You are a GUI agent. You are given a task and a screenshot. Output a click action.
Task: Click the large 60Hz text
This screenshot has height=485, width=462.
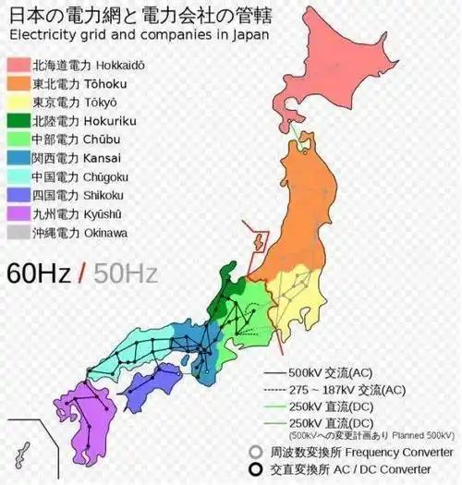click(37, 273)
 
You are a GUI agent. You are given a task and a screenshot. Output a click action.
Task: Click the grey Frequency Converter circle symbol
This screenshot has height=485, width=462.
click(255, 452)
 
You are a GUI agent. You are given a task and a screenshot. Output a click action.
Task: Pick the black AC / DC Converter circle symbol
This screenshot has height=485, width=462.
click(255, 469)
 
